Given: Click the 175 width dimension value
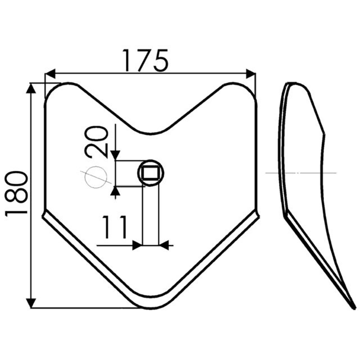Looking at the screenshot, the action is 145,60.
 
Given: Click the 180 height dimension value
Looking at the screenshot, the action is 16,194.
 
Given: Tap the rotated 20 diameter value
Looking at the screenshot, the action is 96,142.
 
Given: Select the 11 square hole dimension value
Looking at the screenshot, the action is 115,227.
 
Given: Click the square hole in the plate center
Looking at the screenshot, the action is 150,173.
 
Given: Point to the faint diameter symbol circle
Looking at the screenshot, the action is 96,177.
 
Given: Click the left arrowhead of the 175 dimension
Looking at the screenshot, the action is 50,73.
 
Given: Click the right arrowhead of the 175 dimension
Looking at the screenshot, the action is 251,73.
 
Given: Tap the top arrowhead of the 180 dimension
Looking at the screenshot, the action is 31,88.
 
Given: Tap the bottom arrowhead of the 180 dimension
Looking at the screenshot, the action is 31,303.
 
